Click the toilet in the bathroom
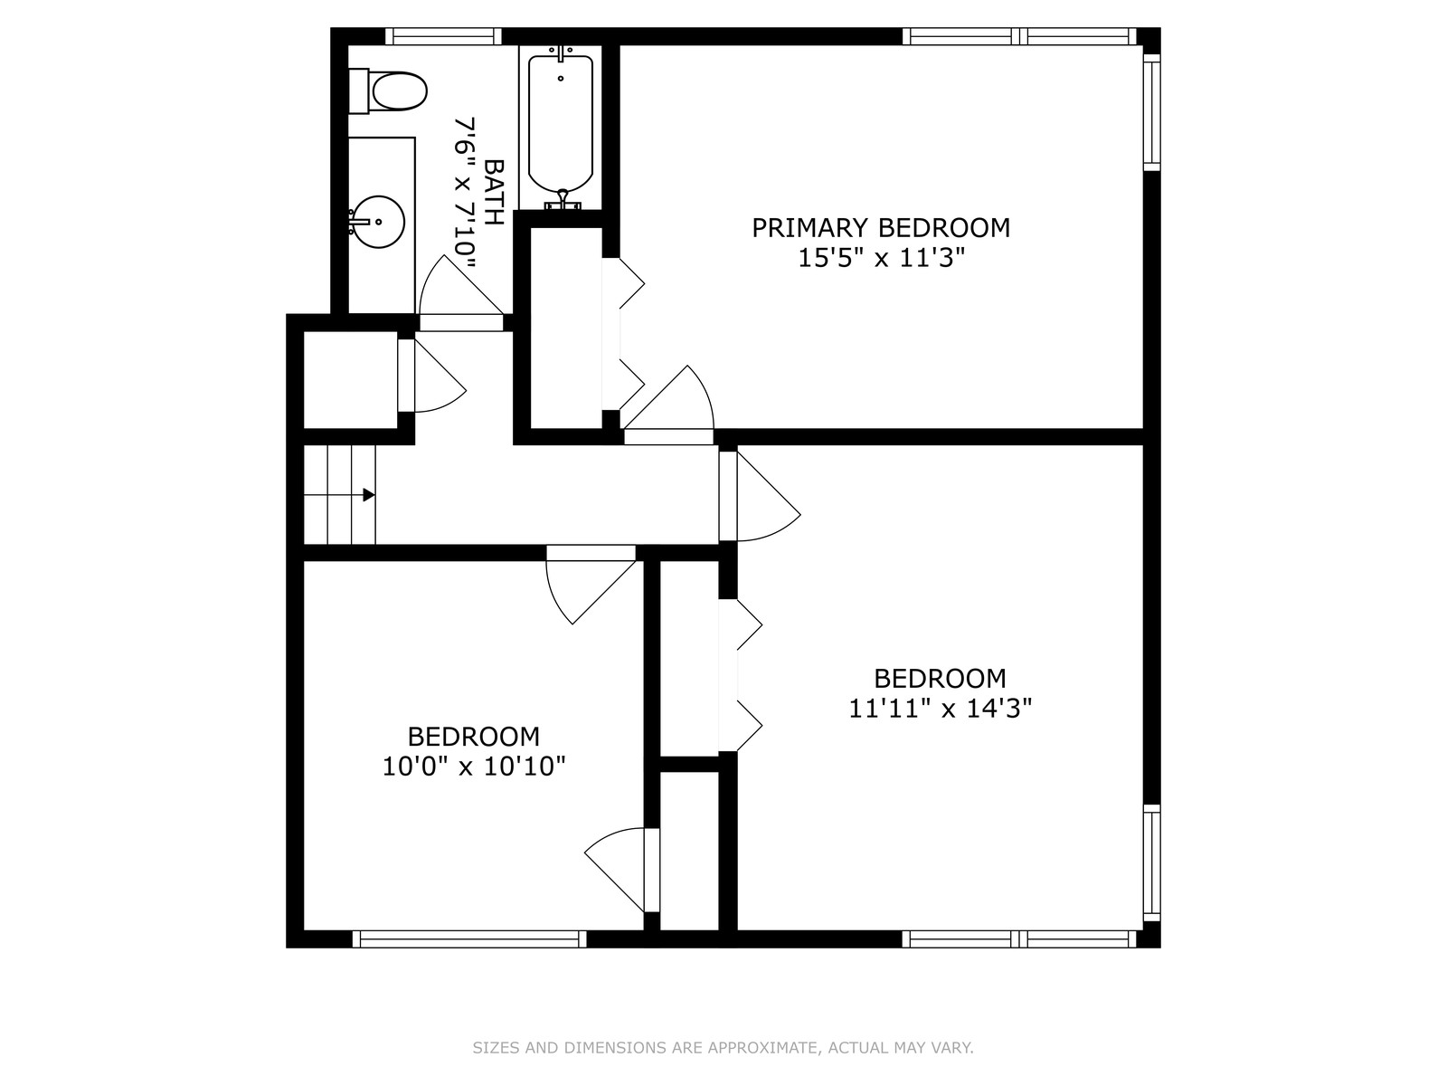click(388, 91)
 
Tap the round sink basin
click(378, 222)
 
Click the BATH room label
click(494, 192)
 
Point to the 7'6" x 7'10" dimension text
click(465, 194)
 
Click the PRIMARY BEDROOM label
click(881, 227)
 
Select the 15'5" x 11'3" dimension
click(882, 258)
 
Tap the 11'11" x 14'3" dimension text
click(940, 709)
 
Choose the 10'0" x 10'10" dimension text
click(474, 767)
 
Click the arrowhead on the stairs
click(369, 494)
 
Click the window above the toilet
click(443, 36)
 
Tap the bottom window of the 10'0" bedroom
click(469, 939)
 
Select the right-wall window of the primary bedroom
click(1151, 111)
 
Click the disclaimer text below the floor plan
click(723, 1047)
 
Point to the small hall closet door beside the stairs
click(431, 376)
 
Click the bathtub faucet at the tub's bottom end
click(563, 200)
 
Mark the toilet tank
click(358, 91)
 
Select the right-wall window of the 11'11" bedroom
click(1151, 862)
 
